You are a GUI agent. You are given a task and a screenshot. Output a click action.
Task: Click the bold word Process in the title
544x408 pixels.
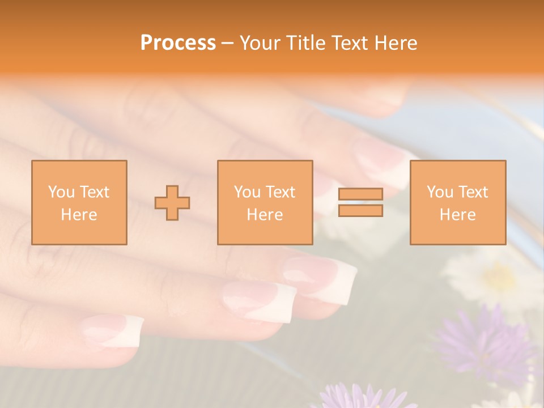[178, 43]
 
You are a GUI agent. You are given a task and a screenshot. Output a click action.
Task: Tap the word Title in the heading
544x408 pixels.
[307, 43]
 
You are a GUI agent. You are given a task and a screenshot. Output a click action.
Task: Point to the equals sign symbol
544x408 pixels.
[360, 202]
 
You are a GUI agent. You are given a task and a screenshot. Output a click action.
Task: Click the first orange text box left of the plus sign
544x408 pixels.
[79, 202]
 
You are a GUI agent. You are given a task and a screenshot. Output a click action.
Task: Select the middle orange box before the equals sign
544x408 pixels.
[265, 202]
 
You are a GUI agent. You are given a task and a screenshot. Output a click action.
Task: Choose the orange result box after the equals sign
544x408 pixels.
[458, 202]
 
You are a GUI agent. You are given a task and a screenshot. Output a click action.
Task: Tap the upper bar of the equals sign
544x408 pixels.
[360, 194]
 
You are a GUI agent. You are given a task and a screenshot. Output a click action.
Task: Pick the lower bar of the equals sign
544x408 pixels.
[360, 211]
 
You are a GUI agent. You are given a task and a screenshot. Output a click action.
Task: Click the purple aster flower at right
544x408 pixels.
[482, 340]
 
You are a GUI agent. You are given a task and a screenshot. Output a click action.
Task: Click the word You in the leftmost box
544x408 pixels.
[61, 192]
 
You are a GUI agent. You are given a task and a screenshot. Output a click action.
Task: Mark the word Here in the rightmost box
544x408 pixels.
[458, 215]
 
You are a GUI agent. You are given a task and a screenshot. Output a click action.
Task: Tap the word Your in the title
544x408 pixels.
[260, 43]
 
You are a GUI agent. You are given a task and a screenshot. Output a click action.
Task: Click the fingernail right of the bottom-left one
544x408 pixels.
[261, 297]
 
